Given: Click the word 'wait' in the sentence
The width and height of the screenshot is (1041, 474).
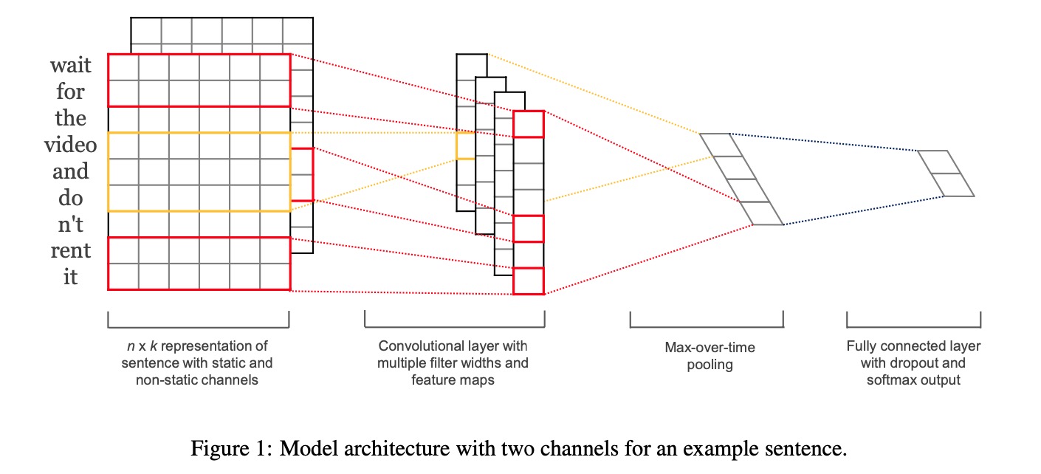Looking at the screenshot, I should point(71,66).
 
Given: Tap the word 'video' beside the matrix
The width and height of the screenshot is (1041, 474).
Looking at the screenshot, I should point(70,145).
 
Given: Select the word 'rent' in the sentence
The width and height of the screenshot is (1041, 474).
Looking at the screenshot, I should point(71,252).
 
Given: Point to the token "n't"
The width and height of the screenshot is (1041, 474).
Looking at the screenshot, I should point(71,225).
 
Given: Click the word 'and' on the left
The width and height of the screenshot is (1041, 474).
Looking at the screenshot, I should point(71,172).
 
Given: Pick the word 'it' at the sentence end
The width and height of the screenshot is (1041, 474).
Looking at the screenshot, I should point(71,278).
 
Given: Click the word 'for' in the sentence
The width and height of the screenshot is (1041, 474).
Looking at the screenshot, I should point(71,92).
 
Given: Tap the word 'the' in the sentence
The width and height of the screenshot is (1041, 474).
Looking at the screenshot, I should point(71,119).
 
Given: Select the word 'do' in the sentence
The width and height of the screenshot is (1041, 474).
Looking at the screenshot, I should point(71,199).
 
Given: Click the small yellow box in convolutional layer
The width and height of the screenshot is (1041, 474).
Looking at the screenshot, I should point(466,145).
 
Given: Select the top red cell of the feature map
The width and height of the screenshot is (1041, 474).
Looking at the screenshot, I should point(529,123).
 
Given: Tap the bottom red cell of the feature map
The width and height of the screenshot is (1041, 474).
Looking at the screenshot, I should point(529,281).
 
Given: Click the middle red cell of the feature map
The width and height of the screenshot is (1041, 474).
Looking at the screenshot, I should point(529,228).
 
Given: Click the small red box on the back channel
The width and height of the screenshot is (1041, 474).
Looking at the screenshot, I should point(303,174).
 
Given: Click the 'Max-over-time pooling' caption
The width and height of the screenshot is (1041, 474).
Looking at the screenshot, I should point(710,355).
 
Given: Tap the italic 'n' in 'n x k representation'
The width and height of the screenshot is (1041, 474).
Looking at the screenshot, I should point(130,346).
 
